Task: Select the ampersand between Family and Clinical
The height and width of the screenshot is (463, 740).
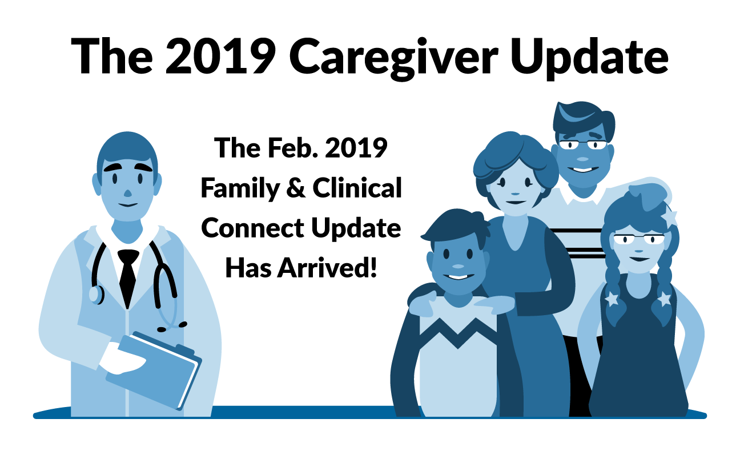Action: click(x=296, y=188)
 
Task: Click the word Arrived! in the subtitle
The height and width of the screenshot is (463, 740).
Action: click(x=327, y=268)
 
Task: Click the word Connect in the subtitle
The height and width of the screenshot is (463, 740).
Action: click(x=253, y=228)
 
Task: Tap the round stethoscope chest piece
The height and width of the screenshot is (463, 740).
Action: click(x=96, y=295)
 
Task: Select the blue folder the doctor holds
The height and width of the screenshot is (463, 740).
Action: click(x=154, y=370)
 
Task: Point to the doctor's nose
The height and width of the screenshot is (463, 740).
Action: click(x=127, y=193)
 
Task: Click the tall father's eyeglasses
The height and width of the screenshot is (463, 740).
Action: click(x=583, y=144)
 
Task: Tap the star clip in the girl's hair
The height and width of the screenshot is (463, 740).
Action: click(x=669, y=218)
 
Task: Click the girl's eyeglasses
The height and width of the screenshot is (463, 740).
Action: click(x=639, y=239)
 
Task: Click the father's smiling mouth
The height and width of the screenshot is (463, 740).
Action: click(x=583, y=170)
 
